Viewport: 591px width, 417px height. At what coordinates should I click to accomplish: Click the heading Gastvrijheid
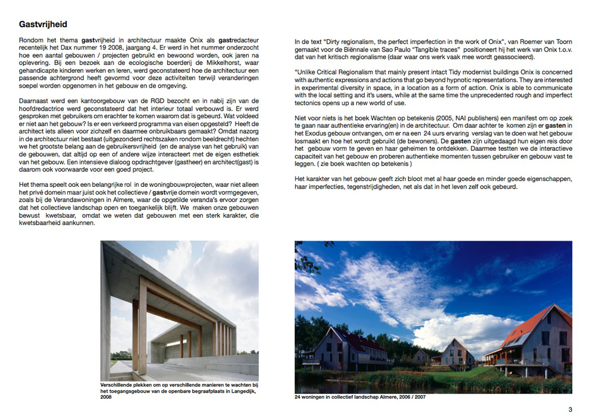43,24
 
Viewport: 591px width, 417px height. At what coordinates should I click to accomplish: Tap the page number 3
570,409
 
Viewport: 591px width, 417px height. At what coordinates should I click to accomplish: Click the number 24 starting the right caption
298,397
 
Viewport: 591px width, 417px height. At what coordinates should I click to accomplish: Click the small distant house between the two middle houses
421,355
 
